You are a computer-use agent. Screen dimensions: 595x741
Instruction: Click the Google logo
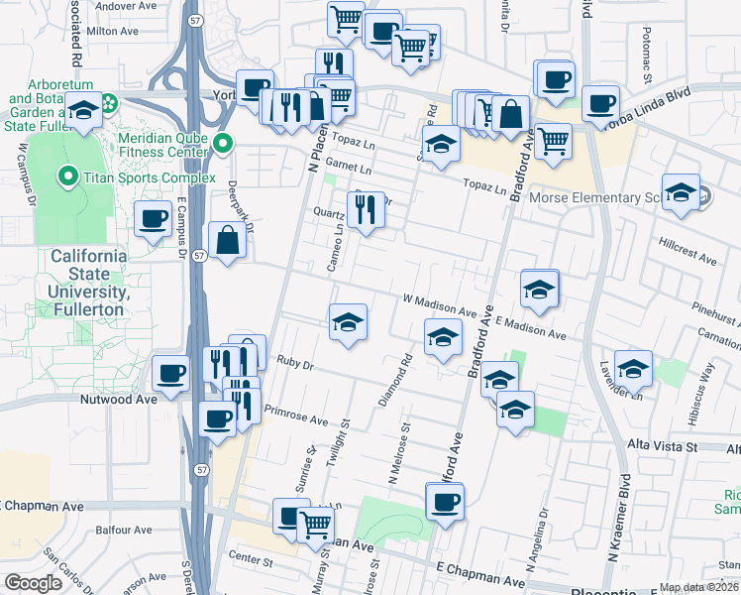(x=34, y=583)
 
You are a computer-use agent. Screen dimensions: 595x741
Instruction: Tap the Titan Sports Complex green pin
(x=67, y=178)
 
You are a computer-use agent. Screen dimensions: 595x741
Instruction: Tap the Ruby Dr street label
(x=295, y=364)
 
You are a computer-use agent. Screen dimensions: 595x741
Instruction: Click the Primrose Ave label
(x=296, y=418)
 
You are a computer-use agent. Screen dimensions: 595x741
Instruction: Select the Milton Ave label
(x=112, y=31)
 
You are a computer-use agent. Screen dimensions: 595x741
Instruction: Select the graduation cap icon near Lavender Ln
(x=633, y=368)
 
